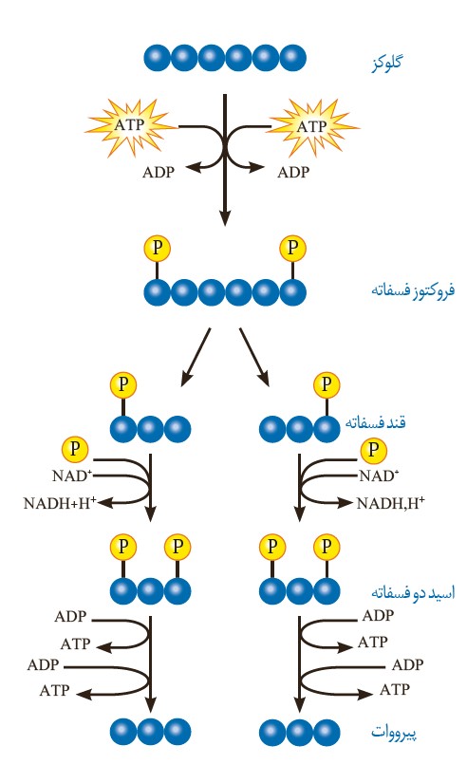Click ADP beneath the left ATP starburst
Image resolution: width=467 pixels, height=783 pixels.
[x=159, y=173]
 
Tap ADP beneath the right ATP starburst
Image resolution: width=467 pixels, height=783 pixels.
[x=292, y=173]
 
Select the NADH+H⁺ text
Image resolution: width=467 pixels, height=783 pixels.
[x=61, y=504]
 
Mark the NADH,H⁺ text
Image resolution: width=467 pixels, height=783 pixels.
[x=389, y=504]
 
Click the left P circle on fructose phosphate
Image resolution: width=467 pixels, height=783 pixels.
[x=158, y=249]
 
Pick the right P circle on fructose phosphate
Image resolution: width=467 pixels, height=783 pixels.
[x=293, y=249]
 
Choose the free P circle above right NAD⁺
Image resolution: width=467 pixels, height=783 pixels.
[x=376, y=449]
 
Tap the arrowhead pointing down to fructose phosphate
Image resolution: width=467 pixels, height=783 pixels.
[x=225, y=217]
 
